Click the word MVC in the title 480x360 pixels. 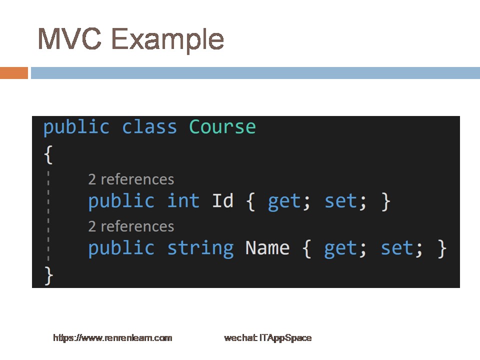[x=69, y=38]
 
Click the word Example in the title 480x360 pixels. [x=167, y=40]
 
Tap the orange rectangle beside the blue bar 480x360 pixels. [x=14, y=73]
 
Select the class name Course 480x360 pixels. [x=222, y=126]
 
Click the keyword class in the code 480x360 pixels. [x=149, y=126]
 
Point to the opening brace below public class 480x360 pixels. [x=48, y=154]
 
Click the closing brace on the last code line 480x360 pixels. [x=48, y=275]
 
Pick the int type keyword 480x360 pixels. [x=183, y=201]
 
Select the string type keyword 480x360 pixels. [x=200, y=248]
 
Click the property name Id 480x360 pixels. [x=222, y=201]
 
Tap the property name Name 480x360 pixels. [x=267, y=248]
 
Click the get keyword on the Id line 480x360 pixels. [x=284, y=202]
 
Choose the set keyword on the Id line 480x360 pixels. [x=340, y=201]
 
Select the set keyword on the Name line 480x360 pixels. [x=397, y=248]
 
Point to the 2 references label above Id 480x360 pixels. [x=131, y=179]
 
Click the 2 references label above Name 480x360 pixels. [x=131, y=226]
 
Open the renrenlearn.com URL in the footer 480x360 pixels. [x=112, y=338]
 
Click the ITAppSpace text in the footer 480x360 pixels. [x=285, y=338]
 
